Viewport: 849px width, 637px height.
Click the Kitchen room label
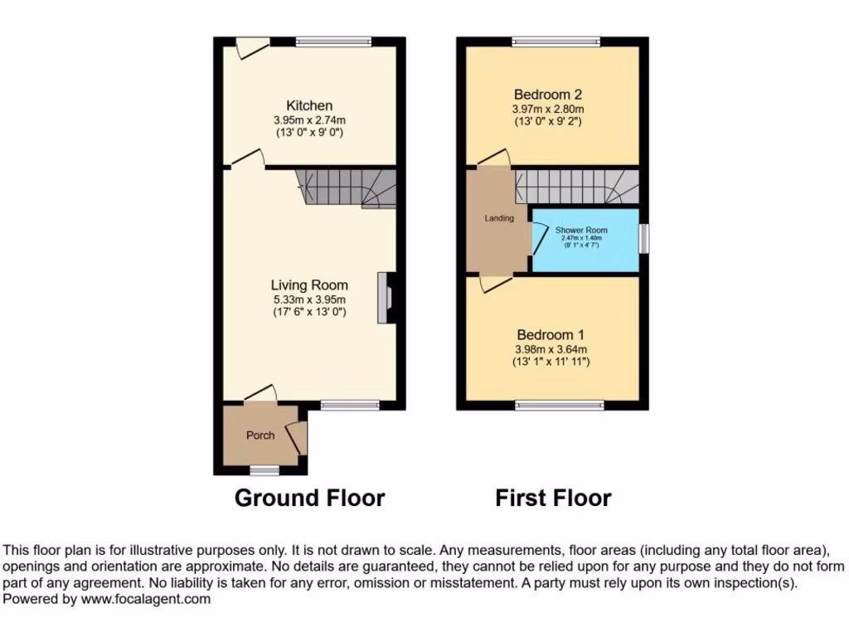309,105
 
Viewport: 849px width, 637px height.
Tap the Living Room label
309,285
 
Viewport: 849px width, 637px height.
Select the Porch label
260,435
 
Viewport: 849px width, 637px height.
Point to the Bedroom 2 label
548,95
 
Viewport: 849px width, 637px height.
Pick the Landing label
499,218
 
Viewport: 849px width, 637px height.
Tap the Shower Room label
581,230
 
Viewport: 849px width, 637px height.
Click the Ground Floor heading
309,498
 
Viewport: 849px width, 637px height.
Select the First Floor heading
553,498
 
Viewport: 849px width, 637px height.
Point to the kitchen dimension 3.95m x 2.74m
309,119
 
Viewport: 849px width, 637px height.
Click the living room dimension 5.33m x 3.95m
309,299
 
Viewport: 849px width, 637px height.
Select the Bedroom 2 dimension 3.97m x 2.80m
548,109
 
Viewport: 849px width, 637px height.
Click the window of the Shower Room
644,238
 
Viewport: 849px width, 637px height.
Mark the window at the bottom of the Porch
264,470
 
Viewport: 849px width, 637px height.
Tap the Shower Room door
539,239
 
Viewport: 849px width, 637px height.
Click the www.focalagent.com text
146,599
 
